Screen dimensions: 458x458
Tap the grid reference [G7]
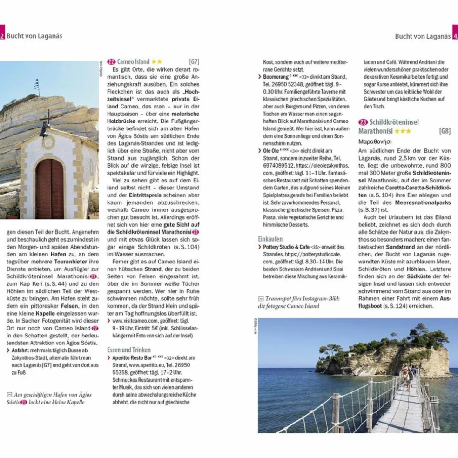[x=194, y=61]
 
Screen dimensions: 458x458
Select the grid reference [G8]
[x=445, y=131]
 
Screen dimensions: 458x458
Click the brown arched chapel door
[x=49, y=189]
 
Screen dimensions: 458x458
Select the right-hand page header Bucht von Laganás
[x=422, y=36]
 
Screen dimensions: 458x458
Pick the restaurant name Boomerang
[x=276, y=76]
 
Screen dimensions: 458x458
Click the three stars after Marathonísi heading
[x=402, y=131]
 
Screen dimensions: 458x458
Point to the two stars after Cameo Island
[x=156, y=61]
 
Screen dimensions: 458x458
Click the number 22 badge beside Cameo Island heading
[x=111, y=61]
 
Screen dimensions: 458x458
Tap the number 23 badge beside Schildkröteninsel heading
[x=363, y=122]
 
